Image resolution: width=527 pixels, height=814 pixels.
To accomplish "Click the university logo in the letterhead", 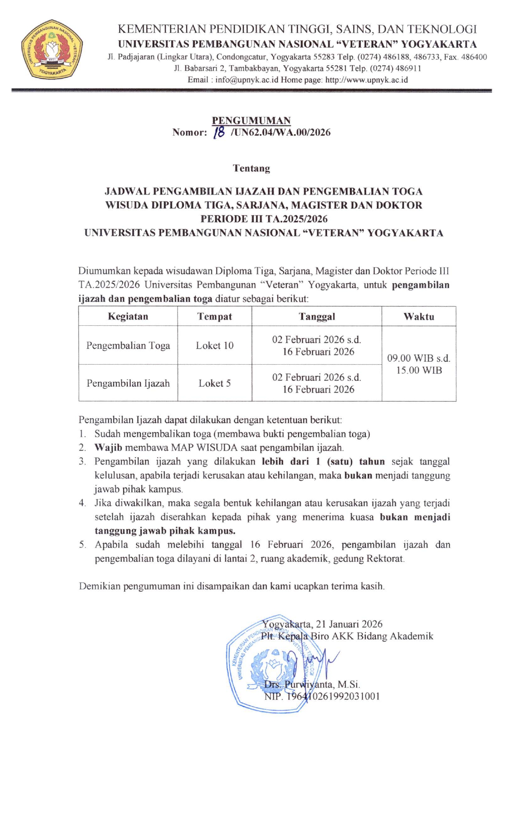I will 52,49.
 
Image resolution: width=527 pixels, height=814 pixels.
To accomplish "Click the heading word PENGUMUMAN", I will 251,121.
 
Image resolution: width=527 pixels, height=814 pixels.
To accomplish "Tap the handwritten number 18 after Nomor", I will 219,132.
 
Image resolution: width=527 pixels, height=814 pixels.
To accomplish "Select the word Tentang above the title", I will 251,168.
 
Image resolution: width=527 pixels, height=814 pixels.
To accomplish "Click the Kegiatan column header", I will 128,316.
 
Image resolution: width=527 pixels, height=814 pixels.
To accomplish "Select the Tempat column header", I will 214,316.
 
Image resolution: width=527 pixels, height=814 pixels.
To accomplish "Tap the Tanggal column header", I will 316,316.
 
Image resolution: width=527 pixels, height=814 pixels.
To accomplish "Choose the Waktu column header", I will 418,316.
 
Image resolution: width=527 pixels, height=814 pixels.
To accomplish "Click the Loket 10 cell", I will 214,345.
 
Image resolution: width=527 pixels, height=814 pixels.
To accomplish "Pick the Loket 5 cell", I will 214,383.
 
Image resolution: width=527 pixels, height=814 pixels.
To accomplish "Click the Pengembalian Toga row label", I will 128,345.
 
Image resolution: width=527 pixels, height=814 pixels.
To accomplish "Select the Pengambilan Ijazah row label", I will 128,383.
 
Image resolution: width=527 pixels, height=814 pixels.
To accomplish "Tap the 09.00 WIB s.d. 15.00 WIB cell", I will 418,364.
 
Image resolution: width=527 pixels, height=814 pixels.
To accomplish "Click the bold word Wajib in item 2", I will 108,448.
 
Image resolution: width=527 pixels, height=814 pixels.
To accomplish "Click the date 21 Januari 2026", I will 349,624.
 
